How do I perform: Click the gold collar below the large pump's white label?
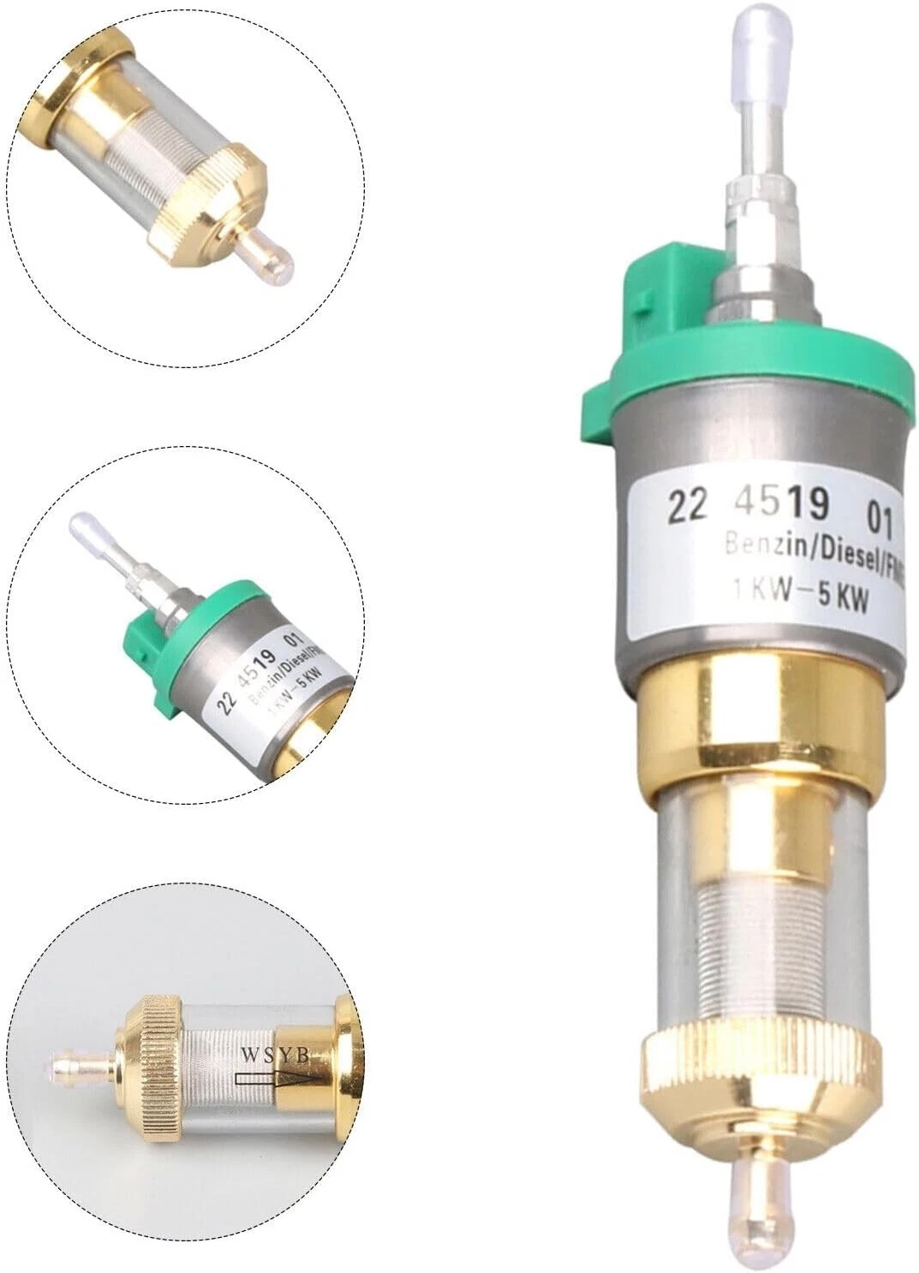click(x=758, y=719)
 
